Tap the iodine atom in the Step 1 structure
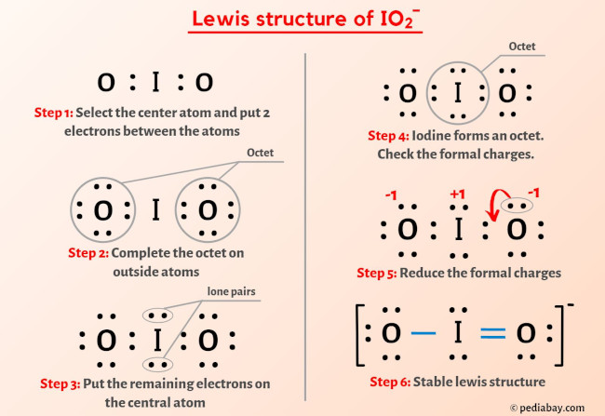click(x=155, y=84)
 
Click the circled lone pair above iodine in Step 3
click(x=155, y=316)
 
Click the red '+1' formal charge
click(x=458, y=196)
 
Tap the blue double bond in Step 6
click(x=490, y=332)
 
